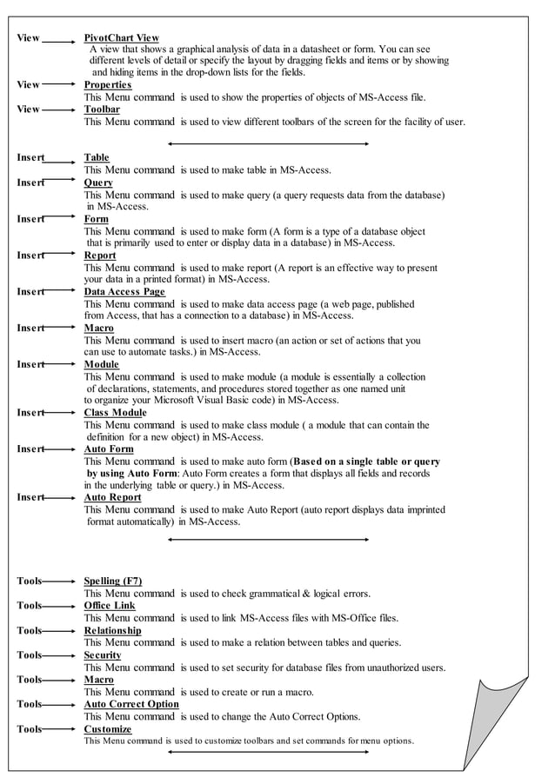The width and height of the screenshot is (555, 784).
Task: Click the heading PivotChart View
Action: pos(121,38)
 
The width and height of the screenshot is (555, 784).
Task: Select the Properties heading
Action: pos(107,85)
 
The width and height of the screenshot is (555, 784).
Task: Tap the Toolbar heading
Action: pos(102,110)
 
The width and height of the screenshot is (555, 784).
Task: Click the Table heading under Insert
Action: pos(97,157)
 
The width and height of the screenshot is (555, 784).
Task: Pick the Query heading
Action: pos(98,183)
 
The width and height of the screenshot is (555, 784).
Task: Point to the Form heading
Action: pos(96,219)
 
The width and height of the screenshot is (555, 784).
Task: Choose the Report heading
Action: pos(100,256)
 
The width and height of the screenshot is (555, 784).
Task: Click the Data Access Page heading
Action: pos(124,292)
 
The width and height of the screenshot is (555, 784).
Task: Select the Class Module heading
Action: pos(115,412)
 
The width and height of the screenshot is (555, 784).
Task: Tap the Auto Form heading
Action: pos(109,449)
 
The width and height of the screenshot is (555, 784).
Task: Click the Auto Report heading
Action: pos(112,497)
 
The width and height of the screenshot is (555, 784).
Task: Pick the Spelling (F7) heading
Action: pos(113,581)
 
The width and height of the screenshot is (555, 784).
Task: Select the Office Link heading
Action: pos(110,605)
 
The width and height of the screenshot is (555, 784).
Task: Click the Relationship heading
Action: pos(112,630)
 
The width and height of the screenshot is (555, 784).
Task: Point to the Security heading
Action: pos(103,654)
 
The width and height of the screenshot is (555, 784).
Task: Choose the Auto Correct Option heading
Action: pos(131,704)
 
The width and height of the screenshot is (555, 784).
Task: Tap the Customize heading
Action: pos(108,729)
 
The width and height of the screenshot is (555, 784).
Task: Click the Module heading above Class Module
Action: pos(102,364)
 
